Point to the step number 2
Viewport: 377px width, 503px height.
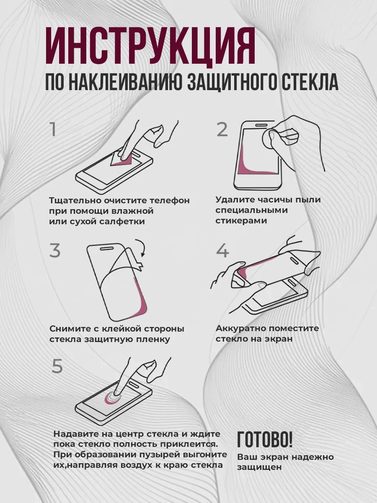tap(222, 130)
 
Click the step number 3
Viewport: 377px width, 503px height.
tap(55, 250)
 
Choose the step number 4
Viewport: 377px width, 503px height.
tap(222, 251)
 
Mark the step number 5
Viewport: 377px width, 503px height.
tap(57, 366)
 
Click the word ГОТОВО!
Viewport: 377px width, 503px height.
tap(265, 439)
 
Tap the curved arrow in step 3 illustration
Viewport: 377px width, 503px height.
tap(141, 249)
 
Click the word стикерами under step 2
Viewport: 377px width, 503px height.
tap(241, 220)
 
